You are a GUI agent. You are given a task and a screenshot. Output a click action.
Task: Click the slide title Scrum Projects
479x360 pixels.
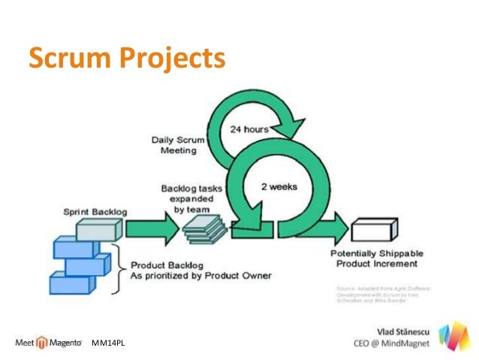[126, 57]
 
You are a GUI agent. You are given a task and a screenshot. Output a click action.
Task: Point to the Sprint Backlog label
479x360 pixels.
[95, 212]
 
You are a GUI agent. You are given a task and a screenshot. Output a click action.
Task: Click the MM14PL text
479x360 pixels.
[107, 343]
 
